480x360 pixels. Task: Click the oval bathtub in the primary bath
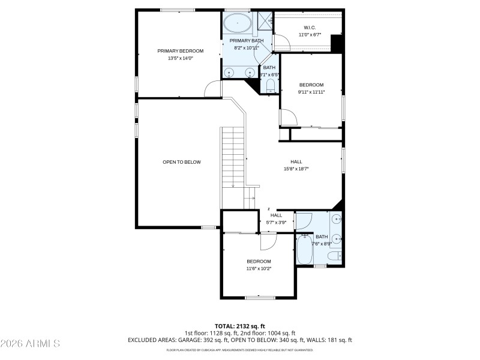pos(238,24)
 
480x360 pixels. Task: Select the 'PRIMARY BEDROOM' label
pos(180,51)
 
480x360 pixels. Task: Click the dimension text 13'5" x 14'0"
pos(180,58)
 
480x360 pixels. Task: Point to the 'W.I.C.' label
pos(310,28)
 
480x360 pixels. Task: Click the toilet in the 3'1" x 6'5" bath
pos(270,85)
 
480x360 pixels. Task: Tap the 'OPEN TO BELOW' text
pos(182,162)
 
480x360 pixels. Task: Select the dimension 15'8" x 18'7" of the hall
pos(296,169)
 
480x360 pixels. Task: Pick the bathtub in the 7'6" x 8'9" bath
pos(304,250)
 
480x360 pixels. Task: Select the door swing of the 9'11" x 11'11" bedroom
pos(288,118)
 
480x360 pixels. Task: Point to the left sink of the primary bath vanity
pos(229,73)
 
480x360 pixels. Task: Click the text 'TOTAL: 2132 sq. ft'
pos(239,326)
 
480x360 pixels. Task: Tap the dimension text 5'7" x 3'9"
pos(276,223)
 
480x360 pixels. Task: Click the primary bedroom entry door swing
pos(213,89)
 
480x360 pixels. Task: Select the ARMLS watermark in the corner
pos(30,344)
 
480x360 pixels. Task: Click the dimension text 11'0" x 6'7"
pos(310,35)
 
